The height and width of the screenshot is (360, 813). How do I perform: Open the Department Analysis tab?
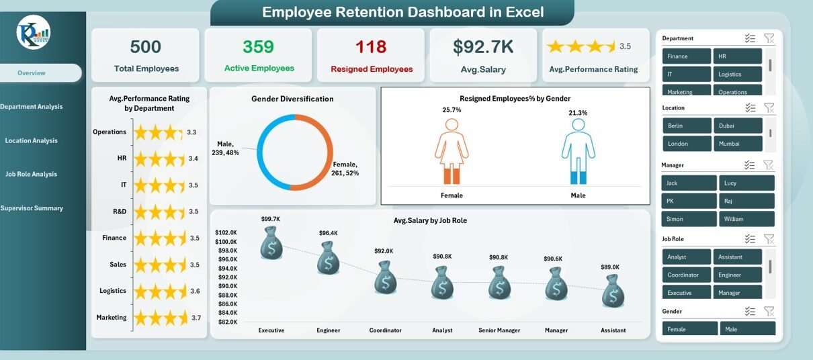point(32,107)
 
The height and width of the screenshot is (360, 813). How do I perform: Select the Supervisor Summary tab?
point(32,208)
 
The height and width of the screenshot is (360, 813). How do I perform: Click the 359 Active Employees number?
point(259,47)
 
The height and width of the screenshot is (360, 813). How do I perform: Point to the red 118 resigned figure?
point(372,47)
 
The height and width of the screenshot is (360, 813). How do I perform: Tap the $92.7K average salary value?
point(483,47)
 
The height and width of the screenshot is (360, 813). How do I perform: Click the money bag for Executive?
point(271,242)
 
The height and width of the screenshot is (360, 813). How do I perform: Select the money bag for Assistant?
point(613,291)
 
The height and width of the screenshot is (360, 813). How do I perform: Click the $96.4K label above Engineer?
point(328,233)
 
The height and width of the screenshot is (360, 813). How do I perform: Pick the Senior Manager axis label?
point(499,330)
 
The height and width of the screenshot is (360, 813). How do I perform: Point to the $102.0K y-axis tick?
point(226,233)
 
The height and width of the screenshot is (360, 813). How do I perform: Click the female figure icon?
point(452,151)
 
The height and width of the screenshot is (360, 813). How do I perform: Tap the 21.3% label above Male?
point(578,113)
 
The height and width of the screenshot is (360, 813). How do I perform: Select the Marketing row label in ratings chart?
point(112,318)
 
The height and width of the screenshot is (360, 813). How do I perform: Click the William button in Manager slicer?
point(746,219)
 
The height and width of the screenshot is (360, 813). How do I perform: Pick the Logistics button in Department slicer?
point(738,75)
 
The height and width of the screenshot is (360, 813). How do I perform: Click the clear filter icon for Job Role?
point(769,239)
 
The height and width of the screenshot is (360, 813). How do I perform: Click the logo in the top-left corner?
point(34,32)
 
